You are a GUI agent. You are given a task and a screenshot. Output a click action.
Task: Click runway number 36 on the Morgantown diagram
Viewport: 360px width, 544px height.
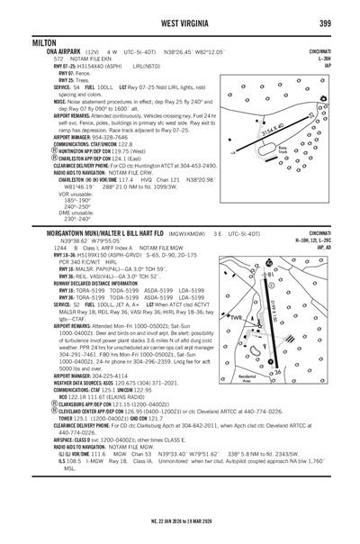coord(277,371)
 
